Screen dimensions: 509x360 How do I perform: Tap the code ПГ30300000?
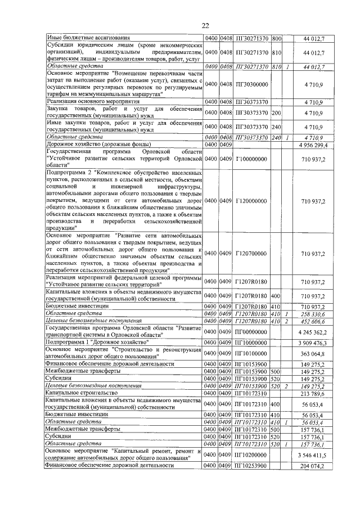point(251,84)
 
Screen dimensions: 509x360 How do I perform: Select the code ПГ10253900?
point(251,467)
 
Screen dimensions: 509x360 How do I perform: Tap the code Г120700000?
point(251,254)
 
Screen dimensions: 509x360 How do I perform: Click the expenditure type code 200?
point(276,112)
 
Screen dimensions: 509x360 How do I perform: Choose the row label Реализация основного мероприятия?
point(86,101)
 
